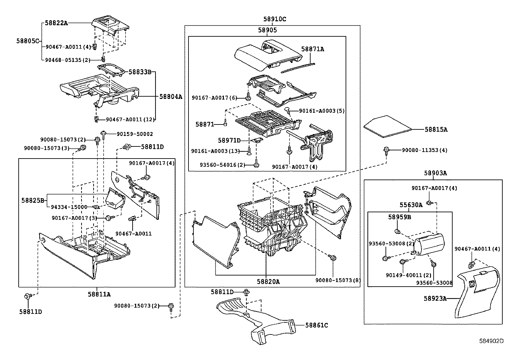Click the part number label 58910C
click(275, 19)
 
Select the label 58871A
click(313, 49)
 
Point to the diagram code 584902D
click(491, 341)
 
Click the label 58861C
click(316, 325)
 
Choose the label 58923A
click(435, 298)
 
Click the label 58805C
click(28, 41)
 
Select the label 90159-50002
click(135, 134)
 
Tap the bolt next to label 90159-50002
click(103, 135)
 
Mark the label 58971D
click(229, 141)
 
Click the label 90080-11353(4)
click(425, 150)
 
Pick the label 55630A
click(411, 205)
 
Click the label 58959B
click(400, 217)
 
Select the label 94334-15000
click(69, 207)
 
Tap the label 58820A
click(268, 282)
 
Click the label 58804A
click(171, 96)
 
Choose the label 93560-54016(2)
click(223, 165)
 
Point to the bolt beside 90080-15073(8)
click(332, 257)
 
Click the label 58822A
click(56, 23)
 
